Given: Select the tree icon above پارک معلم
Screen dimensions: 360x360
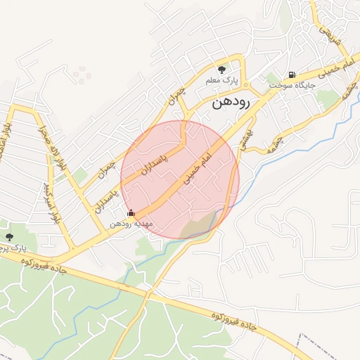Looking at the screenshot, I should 222,70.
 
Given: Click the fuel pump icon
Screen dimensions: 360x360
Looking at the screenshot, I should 290,75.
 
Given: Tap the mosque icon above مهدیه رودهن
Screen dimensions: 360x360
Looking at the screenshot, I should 130,212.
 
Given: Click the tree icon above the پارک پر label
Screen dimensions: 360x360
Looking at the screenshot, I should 9,237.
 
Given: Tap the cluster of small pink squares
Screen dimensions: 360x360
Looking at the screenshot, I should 81,73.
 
